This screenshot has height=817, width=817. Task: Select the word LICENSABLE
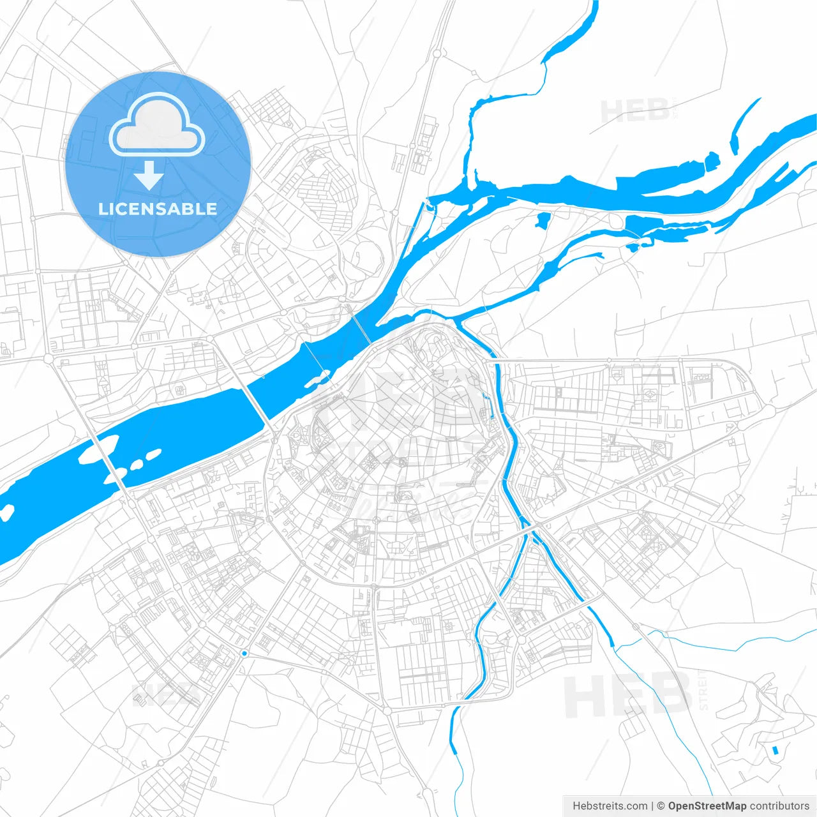[158, 209]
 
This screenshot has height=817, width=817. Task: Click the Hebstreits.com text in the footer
[610, 806]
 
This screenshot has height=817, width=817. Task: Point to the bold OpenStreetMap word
[707, 806]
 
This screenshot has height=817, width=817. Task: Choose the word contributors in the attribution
[779, 806]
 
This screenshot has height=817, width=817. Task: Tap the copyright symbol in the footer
[661, 806]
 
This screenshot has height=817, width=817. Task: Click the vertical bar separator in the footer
[652, 806]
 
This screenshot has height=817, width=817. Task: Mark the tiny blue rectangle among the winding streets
[776, 750]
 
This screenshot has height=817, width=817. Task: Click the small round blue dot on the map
[244, 653]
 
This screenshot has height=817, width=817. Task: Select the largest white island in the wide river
[96, 449]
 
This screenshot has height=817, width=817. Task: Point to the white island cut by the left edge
[6, 512]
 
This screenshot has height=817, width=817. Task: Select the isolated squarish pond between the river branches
[543, 220]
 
